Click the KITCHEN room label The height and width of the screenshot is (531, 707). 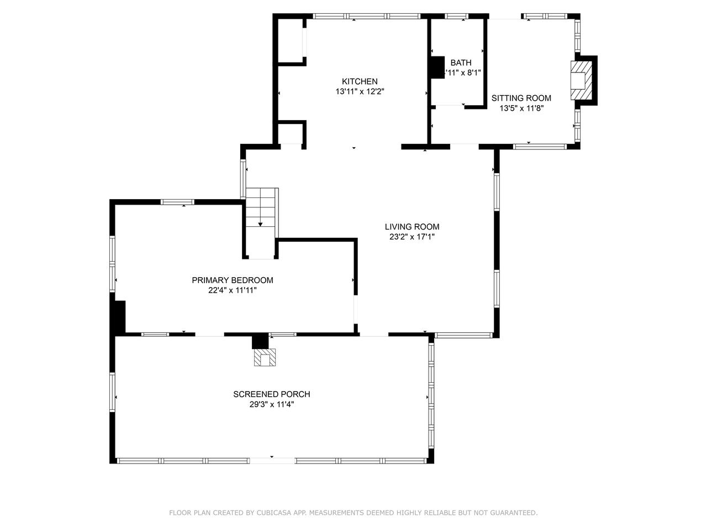(359, 81)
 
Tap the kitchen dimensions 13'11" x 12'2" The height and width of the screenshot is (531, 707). (359, 92)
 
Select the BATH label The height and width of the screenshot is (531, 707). (461, 63)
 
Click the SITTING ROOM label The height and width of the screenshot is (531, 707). (521, 98)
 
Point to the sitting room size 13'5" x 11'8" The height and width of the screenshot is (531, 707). (521, 108)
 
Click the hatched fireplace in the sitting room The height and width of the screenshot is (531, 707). (580, 80)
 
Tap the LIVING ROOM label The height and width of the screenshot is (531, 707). (412, 226)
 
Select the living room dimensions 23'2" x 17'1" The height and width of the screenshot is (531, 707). (412, 237)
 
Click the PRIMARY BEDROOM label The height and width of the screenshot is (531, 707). (232, 280)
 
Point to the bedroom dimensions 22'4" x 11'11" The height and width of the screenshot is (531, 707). (232, 290)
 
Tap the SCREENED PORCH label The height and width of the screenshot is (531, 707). (271, 394)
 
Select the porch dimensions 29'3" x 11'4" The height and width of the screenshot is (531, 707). (271, 404)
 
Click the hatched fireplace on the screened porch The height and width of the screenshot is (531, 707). (264, 358)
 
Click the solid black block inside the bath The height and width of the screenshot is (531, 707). (437, 67)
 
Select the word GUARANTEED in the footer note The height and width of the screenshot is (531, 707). (511, 513)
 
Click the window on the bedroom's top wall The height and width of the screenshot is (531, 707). (177, 202)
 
